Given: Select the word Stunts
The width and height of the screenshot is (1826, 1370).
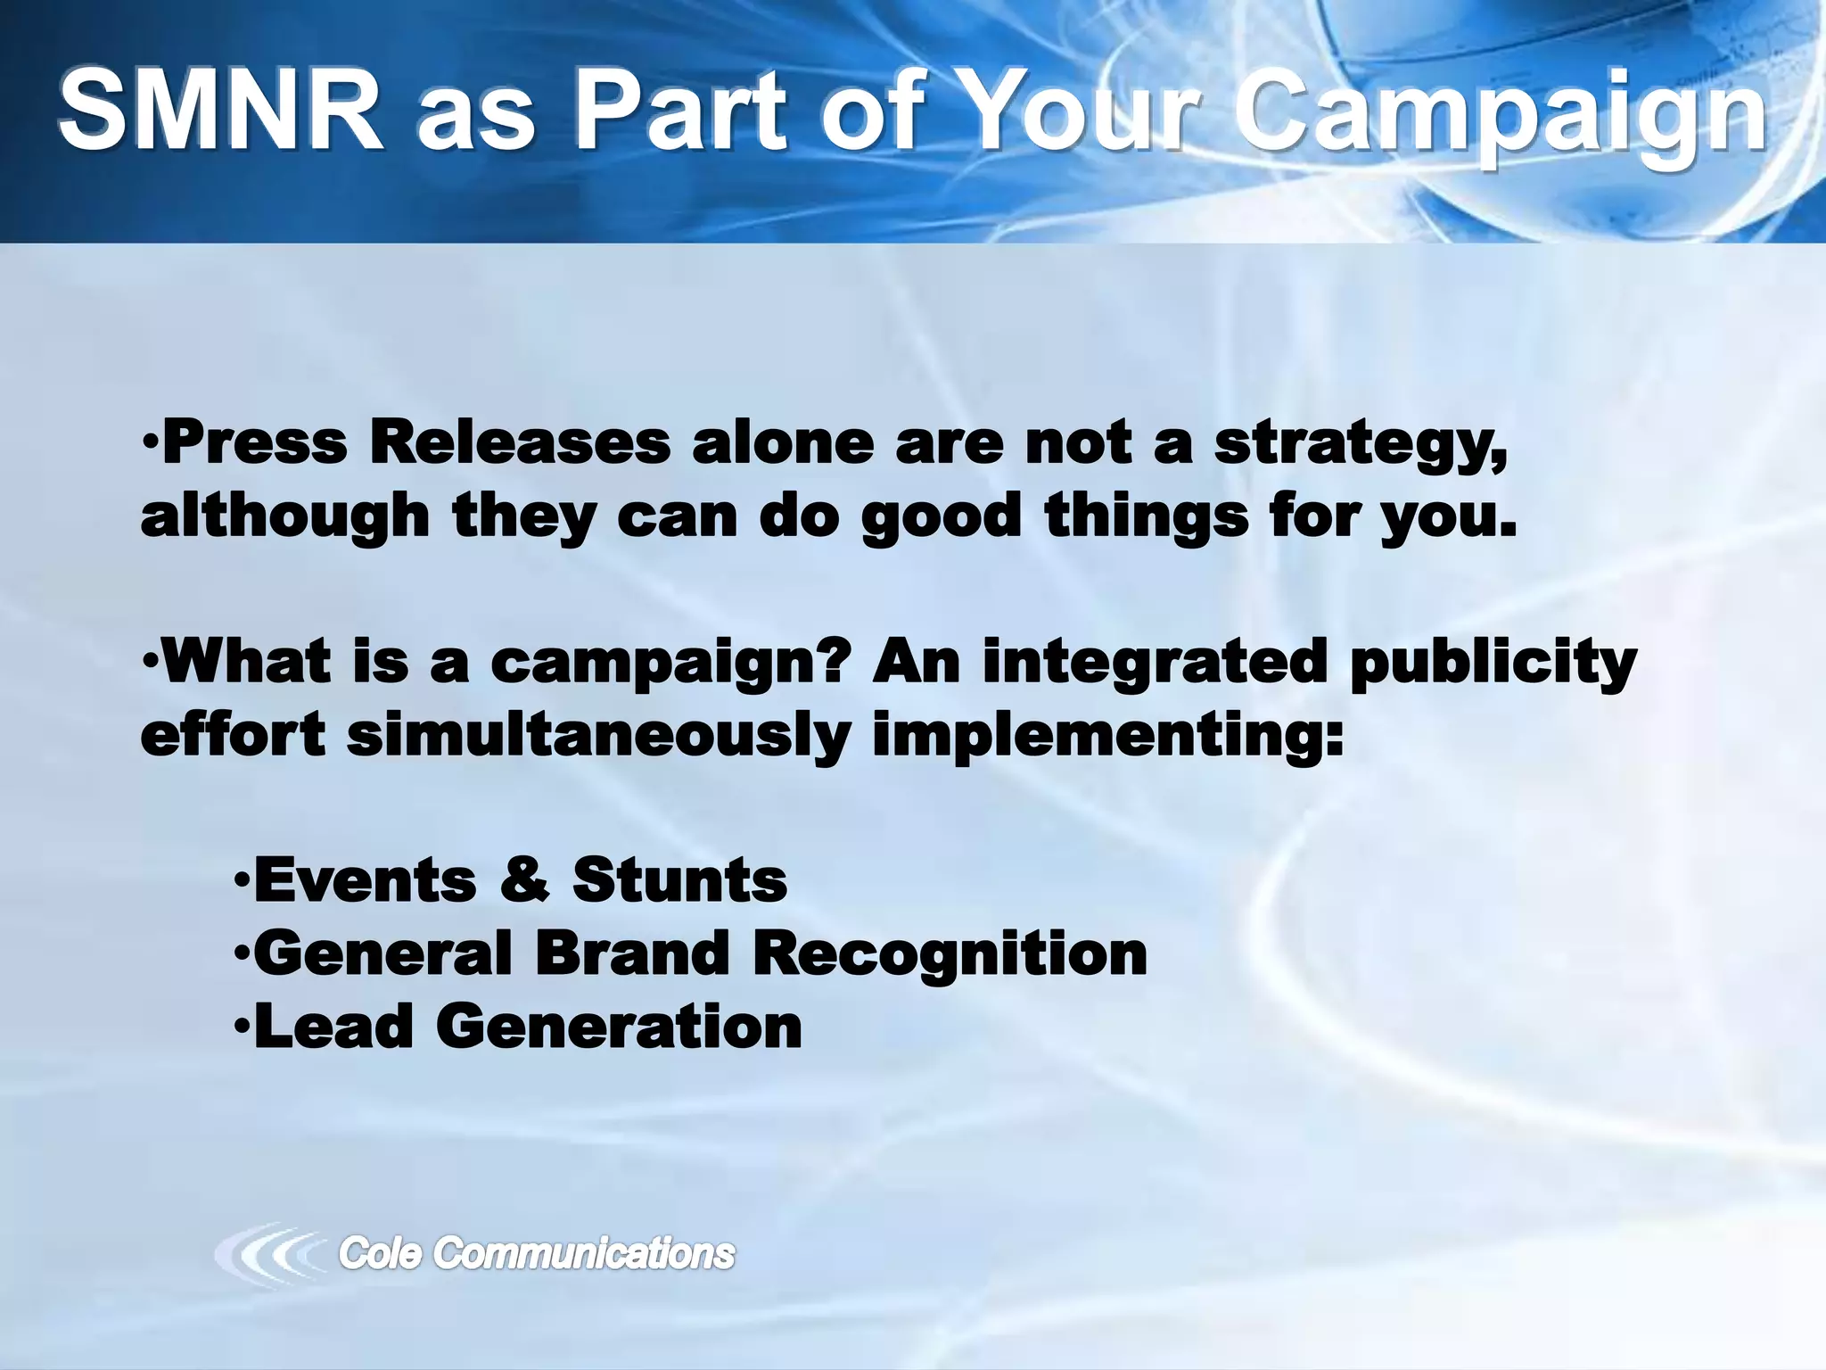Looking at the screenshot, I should click(x=679, y=879).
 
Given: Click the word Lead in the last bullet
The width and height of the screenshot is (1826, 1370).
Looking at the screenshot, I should click(x=333, y=1026).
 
